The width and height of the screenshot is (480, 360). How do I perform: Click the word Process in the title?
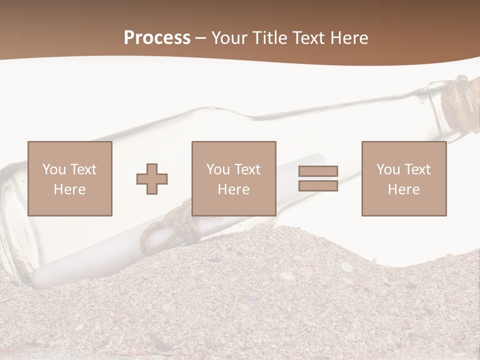157,38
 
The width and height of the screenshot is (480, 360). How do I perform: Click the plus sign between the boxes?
152,179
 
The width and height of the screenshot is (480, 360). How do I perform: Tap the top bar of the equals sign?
318,171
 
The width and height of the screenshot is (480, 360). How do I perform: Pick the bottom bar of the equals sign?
318,185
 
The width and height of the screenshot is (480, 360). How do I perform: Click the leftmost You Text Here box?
69,178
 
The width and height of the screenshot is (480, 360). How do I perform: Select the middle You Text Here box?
233,178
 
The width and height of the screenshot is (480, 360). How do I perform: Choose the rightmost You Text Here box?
403,178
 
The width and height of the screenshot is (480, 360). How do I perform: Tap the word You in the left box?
53,169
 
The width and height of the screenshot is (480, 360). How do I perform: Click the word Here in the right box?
403,189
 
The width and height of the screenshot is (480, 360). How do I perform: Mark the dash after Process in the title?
200,38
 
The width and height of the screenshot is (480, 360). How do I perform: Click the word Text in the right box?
417,169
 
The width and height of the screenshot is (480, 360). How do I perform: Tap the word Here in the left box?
69,189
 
